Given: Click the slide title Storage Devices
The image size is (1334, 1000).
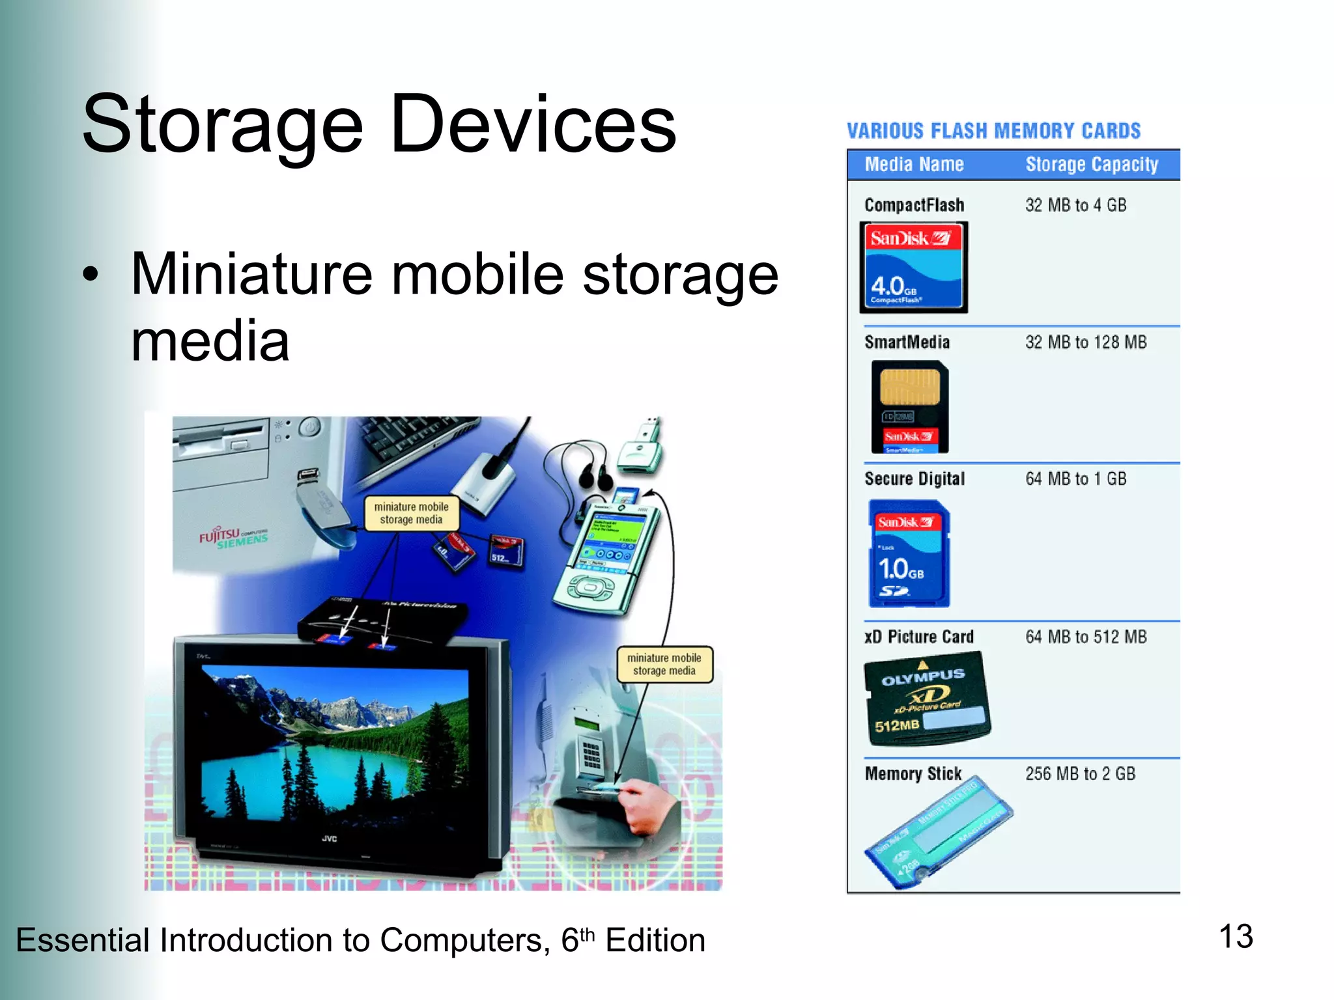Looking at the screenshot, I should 379,124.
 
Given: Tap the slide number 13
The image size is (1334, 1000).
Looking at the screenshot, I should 1236,937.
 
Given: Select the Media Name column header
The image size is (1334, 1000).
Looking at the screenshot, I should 914,165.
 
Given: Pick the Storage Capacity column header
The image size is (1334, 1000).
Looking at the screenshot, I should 1092,165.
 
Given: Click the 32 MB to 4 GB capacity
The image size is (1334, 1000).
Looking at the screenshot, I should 1075,205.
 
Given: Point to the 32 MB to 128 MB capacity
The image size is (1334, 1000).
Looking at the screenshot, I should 1086,342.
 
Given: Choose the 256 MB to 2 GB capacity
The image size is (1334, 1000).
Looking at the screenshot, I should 1080,773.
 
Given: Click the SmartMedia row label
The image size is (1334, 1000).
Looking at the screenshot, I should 907,342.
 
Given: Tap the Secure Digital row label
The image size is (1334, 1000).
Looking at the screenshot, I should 915,479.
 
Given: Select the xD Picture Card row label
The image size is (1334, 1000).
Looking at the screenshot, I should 919,637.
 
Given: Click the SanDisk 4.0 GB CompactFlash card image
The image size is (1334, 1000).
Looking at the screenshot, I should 914,268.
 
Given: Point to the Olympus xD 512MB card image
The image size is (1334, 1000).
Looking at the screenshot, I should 927,699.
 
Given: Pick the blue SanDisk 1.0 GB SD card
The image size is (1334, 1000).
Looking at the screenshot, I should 909,554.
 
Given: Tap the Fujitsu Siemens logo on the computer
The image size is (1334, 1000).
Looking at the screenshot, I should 233,538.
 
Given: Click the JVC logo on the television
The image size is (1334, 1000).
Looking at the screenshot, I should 330,839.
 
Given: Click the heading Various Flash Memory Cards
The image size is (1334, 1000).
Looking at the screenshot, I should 993,131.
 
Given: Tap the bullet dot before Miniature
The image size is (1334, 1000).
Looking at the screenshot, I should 91,274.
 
